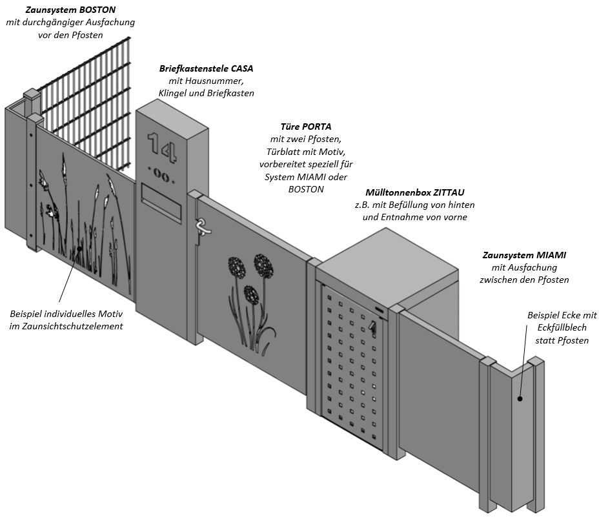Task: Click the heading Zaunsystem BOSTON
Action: point(71,10)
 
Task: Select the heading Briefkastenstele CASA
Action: point(207,68)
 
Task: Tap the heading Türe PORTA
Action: point(306,127)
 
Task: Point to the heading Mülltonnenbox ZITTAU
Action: point(414,192)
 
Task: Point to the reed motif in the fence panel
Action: point(84,213)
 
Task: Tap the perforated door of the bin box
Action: point(352,368)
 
